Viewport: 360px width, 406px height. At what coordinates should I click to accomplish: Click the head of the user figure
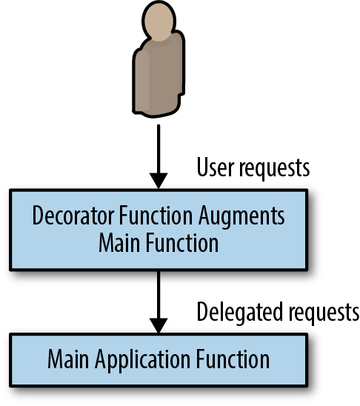[159, 21]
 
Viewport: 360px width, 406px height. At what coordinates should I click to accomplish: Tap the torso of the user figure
[159, 75]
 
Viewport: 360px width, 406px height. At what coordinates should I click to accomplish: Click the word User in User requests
[216, 167]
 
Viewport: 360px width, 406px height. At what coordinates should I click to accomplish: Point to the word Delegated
[240, 312]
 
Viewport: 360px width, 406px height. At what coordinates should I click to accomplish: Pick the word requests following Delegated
[324, 314]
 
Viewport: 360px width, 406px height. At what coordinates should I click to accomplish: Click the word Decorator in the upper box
[73, 216]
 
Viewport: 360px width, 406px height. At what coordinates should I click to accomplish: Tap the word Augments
[241, 217]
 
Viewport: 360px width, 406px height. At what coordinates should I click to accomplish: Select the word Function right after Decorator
[156, 216]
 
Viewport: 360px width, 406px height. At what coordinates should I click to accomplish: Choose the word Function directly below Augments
[182, 243]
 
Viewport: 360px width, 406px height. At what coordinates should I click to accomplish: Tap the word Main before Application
[69, 359]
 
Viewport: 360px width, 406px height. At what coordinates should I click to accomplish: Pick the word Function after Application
[233, 359]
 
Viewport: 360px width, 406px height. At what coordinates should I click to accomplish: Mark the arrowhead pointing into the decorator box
[159, 181]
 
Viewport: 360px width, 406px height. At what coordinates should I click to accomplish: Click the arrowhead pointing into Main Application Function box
[159, 326]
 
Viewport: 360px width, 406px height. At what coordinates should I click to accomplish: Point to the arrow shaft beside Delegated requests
[159, 295]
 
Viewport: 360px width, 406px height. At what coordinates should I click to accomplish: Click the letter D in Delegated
[203, 312]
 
